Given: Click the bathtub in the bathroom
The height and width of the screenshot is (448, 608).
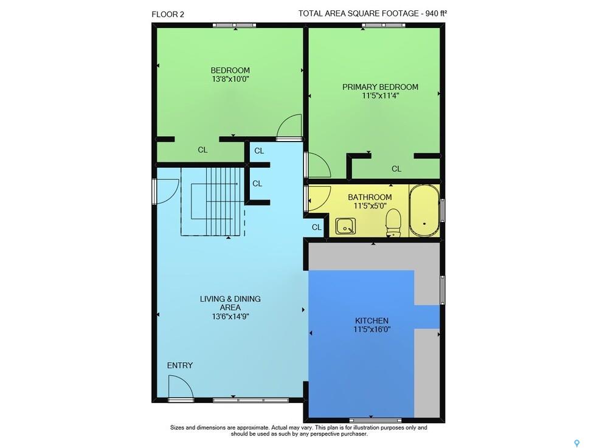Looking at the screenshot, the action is click(x=424, y=210).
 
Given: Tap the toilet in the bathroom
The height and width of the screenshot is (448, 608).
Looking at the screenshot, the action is click(x=393, y=223).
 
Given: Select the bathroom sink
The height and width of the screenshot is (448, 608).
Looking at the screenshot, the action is click(x=345, y=226).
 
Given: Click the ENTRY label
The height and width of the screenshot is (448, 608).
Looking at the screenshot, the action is click(x=180, y=365).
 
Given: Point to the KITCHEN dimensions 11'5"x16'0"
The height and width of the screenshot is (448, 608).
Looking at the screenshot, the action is click(x=372, y=329).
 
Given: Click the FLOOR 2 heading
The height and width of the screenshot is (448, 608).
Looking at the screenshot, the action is click(x=168, y=15).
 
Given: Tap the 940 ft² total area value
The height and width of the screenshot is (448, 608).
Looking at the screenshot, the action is click(x=436, y=13).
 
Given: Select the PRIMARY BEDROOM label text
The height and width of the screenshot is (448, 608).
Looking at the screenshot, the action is click(x=380, y=87).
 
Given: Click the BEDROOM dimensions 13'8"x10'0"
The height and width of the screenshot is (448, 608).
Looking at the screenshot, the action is click(x=230, y=79).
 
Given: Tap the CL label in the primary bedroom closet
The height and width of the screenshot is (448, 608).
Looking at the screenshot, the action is click(x=396, y=169).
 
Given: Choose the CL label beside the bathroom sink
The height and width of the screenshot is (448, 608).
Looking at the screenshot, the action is click(x=317, y=227).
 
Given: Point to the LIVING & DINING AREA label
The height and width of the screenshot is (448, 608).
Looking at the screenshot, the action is click(x=230, y=303).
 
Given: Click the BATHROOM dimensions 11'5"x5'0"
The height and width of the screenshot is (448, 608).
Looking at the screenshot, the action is click(x=370, y=206).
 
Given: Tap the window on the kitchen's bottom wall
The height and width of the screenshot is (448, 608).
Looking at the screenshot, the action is click(x=375, y=420).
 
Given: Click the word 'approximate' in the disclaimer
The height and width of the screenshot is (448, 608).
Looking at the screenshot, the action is click(x=254, y=428).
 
